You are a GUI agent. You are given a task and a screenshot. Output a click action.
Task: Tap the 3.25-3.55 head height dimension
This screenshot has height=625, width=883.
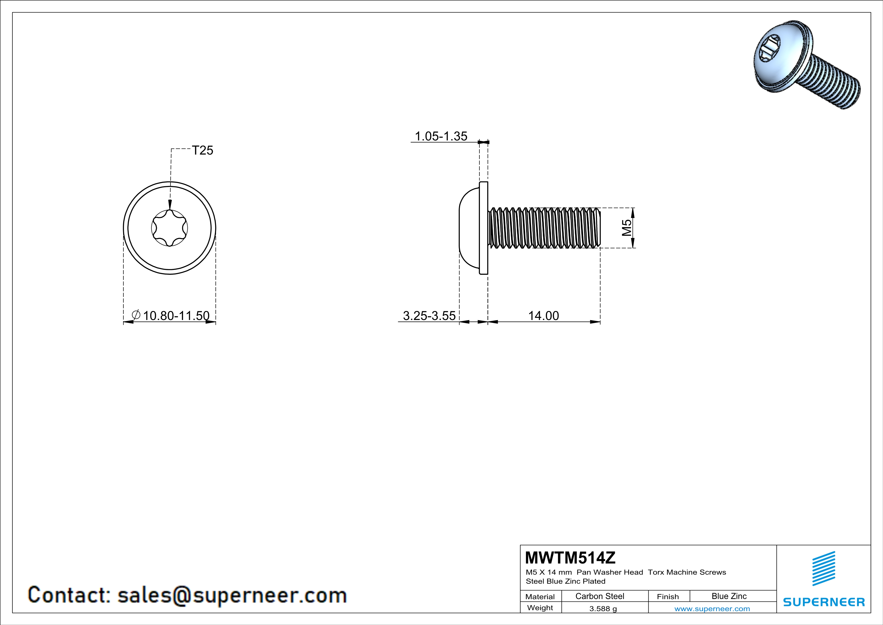tap(429, 316)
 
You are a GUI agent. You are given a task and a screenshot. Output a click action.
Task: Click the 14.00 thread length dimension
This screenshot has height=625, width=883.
tap(543, 316)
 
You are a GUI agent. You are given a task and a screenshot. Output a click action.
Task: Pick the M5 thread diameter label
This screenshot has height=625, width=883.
tap(626, 228)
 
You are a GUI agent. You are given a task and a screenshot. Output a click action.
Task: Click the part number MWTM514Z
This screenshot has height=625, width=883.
tap(570, 558)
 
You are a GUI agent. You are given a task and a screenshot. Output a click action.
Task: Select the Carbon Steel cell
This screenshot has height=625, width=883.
tap(599, 596)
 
